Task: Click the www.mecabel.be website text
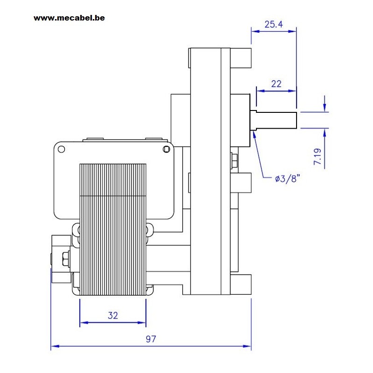pos(69,18)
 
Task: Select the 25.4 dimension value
pos(274,24)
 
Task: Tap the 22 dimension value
pos(276,84)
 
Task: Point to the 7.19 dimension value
pos(318,156)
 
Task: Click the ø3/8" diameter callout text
pos(287,179)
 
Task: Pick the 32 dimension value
pos(113,316)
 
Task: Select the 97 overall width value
pos(151,339)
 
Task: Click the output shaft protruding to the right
pos(274,120)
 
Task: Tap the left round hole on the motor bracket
pos(62,149)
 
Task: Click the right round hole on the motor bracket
pos(166,149)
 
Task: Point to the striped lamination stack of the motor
pos(113,229)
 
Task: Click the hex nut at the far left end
pos(65,259)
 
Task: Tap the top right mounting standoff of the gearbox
pos(241,58)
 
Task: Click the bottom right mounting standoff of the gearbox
pos(241,284)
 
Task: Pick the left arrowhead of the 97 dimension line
pos(55,346)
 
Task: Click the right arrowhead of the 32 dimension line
pos(142,323)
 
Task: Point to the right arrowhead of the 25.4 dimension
pos(292,31)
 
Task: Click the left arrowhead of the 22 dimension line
pos(261,90)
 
